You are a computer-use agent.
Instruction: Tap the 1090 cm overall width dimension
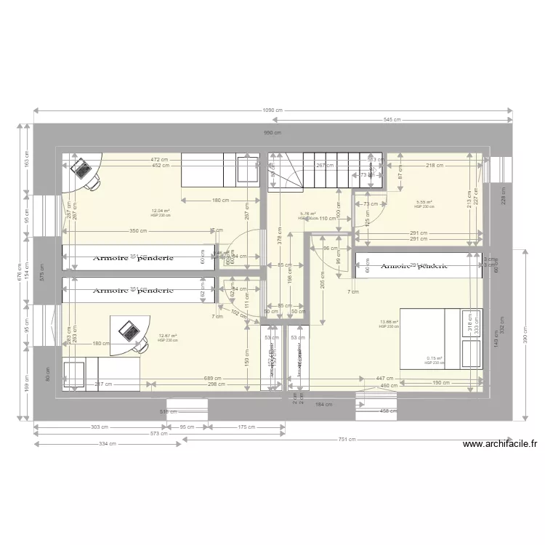272,110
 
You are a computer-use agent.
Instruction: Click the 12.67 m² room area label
167,336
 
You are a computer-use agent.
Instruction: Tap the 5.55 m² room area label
424,202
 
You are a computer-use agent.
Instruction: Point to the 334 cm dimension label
107,444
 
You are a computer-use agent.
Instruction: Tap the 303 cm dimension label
100,428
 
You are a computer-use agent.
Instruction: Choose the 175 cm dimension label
247,428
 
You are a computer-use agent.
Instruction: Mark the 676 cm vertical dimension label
20,273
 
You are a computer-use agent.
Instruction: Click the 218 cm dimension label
435,166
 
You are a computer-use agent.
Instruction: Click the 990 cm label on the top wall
272,133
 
